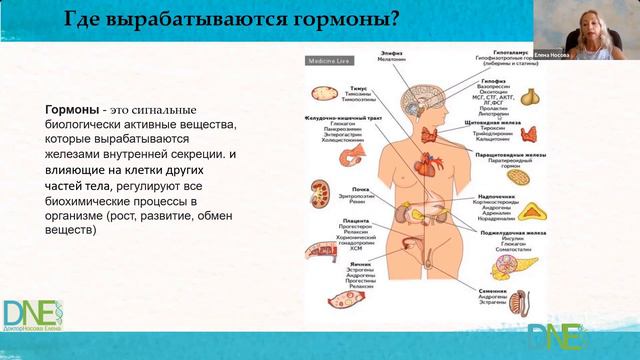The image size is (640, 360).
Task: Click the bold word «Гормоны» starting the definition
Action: click(x=75, y=108)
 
